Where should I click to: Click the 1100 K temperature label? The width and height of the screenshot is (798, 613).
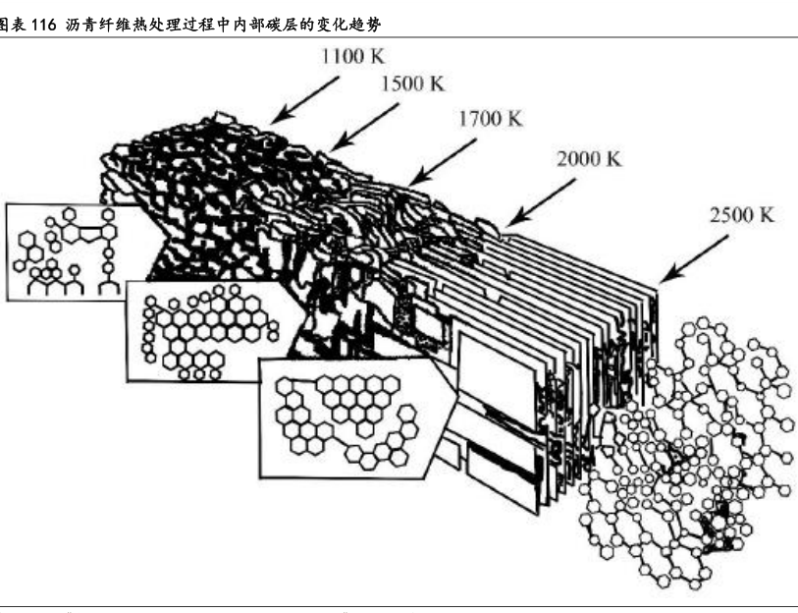pyautogui.click(x=352, y=56)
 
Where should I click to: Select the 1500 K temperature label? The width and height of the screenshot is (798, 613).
pyautogui.click(x=412, y=84)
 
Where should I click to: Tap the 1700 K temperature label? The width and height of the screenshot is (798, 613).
pyautogui.click(x=491, y=119)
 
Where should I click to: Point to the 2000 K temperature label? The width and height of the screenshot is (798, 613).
pyautogui.click(x=589, y=159)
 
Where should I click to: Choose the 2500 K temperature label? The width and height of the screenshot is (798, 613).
pyautogui.click(x=742, y=215)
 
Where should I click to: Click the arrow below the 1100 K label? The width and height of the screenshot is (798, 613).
pyautogui.click(x=304, y=100)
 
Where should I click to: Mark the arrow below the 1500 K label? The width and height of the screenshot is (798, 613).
pyautogui.click(x=364, y=128)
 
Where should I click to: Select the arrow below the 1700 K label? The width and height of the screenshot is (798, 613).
pyautogui.click(x=443, y=162)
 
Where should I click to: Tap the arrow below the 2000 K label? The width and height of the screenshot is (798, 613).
pyautogui.click(x=542, y=202)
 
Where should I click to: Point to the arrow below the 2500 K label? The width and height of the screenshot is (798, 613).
pyautogui.click(x=694, y=259)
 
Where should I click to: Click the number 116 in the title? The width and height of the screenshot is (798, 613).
pyautogui.click(x=43, y=25)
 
